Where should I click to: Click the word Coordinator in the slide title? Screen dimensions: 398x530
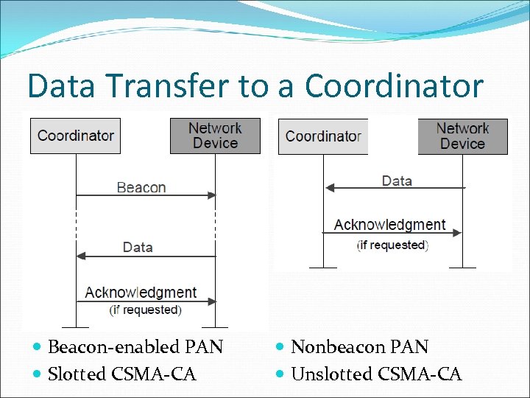point(394,86)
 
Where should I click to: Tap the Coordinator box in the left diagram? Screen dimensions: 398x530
point(75,136)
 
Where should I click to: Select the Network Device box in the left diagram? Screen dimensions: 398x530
point(215,136)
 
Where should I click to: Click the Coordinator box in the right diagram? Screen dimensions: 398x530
point(323,136)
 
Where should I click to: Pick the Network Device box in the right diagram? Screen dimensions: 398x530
point(462,136)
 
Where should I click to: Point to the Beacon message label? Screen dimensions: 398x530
point(141,187)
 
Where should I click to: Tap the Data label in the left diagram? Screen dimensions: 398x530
point(138,247)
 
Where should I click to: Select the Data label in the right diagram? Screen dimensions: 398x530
point(397,181)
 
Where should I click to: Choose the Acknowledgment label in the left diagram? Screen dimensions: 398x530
point(141,293)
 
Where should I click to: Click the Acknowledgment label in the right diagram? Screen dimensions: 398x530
point(389,225)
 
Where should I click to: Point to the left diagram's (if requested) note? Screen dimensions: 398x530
point(145,310)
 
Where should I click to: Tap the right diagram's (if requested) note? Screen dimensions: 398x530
point(392,245)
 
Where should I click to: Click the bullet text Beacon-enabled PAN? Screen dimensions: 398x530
point(135,346)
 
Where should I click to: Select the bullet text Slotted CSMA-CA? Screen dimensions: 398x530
point(121,374)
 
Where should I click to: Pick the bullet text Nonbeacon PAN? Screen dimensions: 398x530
point(359,346)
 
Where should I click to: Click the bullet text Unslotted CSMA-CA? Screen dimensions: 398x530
point(376,374)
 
